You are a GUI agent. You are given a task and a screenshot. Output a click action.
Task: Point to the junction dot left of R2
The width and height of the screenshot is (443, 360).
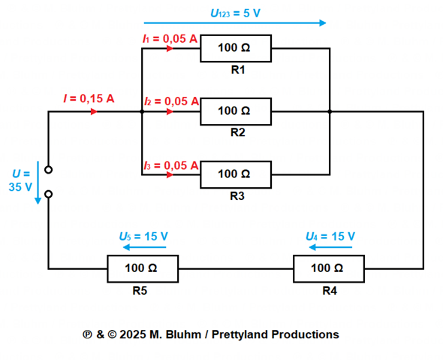(142, 112)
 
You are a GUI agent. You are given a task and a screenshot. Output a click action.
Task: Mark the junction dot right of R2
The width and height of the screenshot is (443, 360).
(330, 112)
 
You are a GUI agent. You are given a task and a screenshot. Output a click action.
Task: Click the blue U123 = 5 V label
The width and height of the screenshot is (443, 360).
(235, 14)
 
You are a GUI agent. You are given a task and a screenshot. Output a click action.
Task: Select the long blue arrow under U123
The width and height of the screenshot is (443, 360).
(235, 23)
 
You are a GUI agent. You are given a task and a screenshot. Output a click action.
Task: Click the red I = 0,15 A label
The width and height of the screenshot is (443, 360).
(89, 98)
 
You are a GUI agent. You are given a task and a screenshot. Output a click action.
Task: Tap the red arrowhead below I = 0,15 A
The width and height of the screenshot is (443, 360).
(94, 112)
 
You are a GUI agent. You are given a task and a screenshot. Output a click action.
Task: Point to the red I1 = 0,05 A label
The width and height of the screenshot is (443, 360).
(170, 39)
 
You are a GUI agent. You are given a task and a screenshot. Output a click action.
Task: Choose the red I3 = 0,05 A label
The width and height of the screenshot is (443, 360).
(171, 165)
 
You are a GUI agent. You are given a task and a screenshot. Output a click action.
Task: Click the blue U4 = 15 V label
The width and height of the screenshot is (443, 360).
(330, 236)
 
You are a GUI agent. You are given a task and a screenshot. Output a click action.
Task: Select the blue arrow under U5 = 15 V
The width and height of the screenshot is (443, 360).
(145, 247)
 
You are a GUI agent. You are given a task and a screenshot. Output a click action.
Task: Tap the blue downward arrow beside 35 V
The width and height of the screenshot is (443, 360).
(38, 183)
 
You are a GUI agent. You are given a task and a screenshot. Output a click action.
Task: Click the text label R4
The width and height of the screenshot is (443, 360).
(330, 291)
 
